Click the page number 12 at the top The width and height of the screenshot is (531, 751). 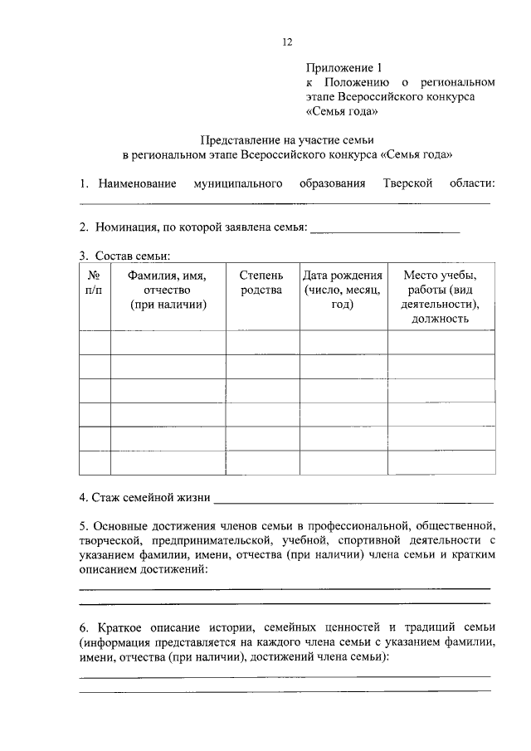pos(286,41)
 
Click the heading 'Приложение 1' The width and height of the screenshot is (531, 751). pos(342,67)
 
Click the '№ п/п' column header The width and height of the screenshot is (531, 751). pos(95,282)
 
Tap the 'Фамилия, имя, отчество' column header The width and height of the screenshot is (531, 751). pos(168,290)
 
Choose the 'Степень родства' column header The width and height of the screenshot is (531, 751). pos(261,282)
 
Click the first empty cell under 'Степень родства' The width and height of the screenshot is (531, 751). pos(261,342)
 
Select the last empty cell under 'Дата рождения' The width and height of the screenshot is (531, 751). pos(343,461)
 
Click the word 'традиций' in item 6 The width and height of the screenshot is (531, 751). pos(427,627)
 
